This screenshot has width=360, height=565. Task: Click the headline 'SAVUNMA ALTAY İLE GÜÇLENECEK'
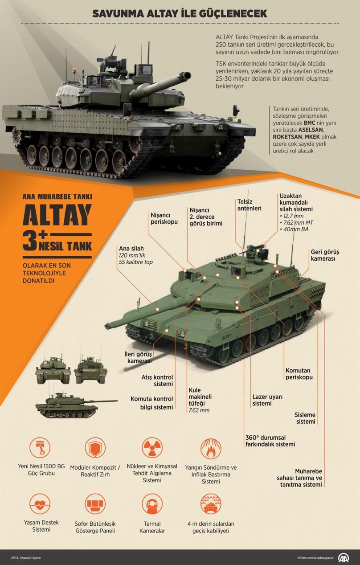(180, 14)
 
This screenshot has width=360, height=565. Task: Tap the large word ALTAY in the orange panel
(57, 216)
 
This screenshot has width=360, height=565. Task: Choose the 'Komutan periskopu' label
(299, 373)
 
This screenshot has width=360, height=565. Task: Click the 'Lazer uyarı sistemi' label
(267, 400)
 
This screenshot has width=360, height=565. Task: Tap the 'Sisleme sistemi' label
(305, 418)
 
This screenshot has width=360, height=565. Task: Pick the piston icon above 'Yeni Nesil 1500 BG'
(40, 448)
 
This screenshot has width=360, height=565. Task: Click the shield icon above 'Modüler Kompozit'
(95, 448)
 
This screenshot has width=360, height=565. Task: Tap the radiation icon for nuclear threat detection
(152, 448)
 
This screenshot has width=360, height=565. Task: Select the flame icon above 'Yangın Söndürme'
(211, 448)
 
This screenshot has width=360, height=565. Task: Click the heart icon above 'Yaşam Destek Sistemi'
(40, 504)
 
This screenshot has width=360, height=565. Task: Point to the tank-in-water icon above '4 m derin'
(211, 504)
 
